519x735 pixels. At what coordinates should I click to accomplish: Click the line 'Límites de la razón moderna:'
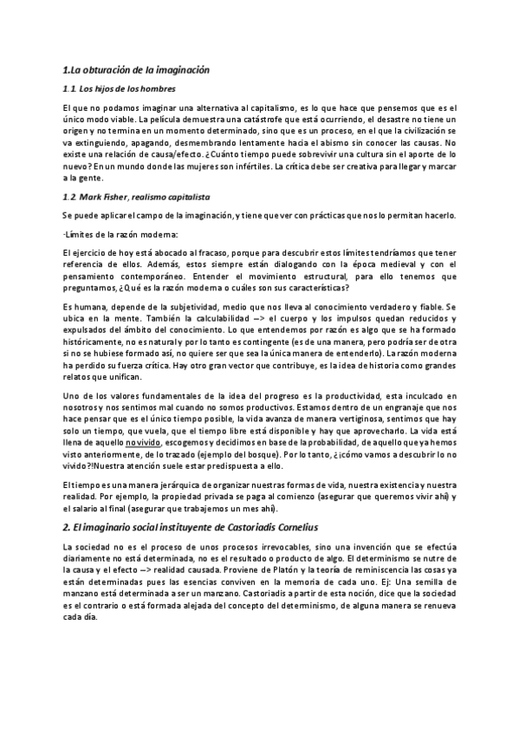(120, 235)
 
